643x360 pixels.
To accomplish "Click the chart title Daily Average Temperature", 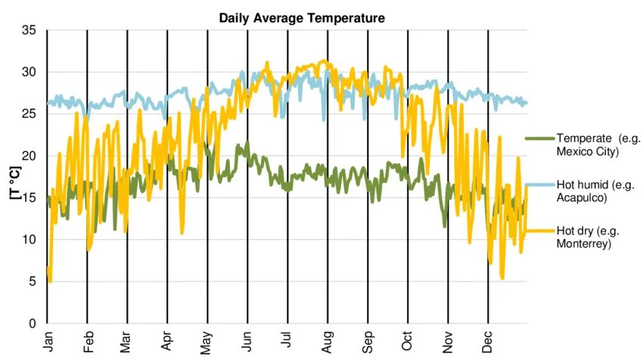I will [x=302, y=17].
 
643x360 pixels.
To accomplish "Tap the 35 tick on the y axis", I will [x=29, y=30].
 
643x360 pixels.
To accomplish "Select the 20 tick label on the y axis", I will [x=29, y=156].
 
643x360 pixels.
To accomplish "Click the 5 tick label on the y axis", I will [x=33, y=281].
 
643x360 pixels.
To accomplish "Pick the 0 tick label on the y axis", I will [x=33, y=324].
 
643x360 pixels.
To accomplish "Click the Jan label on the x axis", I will [x=48, y=342].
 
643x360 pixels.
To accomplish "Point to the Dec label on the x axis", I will [x=488, y=342].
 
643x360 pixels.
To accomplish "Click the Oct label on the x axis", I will [x=408, y=342].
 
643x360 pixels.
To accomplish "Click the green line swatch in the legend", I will [x=540, y=138].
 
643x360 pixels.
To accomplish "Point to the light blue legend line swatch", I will [x=540, y=185].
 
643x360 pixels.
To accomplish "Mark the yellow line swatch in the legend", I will [x=540, y=231].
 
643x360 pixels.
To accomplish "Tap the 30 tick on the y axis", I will [x=29, y=72].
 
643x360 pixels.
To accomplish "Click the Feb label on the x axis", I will [x=88, y=342].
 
